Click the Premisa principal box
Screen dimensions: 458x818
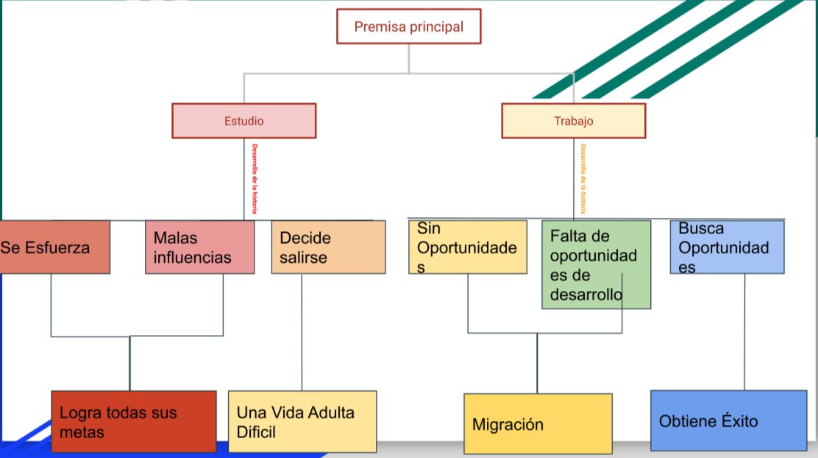(409, 27)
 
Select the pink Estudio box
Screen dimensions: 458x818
(243, 121)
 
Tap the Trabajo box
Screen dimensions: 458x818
(573, 121)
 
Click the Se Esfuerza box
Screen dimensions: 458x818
(54, 247)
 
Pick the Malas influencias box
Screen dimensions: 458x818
(199, 247)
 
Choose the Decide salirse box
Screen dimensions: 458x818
(328, 247)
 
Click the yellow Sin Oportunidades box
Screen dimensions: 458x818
(468, 247)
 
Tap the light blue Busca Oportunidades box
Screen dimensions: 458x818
(727, 247)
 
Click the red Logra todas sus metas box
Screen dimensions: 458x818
(133, 421)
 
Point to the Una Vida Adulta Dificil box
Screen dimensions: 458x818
(302, 421)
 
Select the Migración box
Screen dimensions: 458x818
(538, 424)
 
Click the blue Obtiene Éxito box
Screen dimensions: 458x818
(728, 420)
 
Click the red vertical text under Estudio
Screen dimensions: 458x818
(255, 179)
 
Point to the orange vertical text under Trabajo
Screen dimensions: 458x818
(583, 179)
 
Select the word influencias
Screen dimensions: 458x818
(192, 258)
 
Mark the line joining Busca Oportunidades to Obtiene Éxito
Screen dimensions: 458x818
(744, 331)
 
